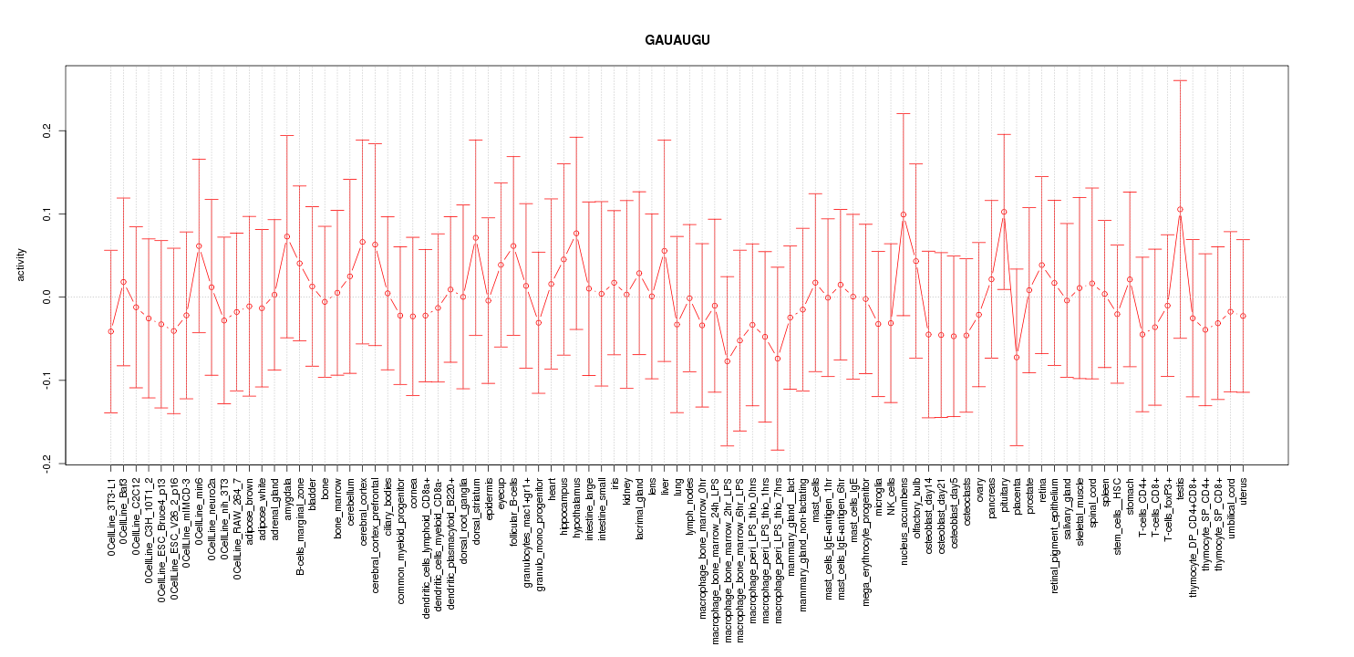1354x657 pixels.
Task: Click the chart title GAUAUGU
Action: [x=677, y=41]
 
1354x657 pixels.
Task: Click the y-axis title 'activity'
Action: [x=23, y=264]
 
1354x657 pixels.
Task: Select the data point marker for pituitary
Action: [x=1004, y=212]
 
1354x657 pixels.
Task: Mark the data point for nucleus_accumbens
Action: [x=904, y=214]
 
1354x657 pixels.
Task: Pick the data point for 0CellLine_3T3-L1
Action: [x=110, y=331]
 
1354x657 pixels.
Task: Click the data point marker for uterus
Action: [x=1243, y=316]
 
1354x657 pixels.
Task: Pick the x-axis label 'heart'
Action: [x=552, y=487]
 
